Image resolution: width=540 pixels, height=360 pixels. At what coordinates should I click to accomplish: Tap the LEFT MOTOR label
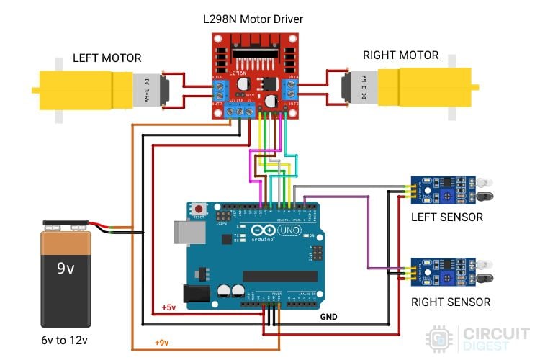(x=107, y=58)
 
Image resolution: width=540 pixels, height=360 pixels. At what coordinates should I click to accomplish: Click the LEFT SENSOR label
(x=446, y=217)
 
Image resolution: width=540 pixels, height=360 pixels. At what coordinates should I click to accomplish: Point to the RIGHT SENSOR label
(x=450, y=302)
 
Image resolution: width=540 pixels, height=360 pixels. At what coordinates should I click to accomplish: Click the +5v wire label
(x=168, y=307)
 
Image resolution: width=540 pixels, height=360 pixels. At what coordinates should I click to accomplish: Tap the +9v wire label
(x=161, y=342)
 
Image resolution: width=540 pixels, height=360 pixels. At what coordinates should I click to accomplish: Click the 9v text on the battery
(x=66, y=269)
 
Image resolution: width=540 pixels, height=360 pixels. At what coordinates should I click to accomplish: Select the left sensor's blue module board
(x=436, y=191)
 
